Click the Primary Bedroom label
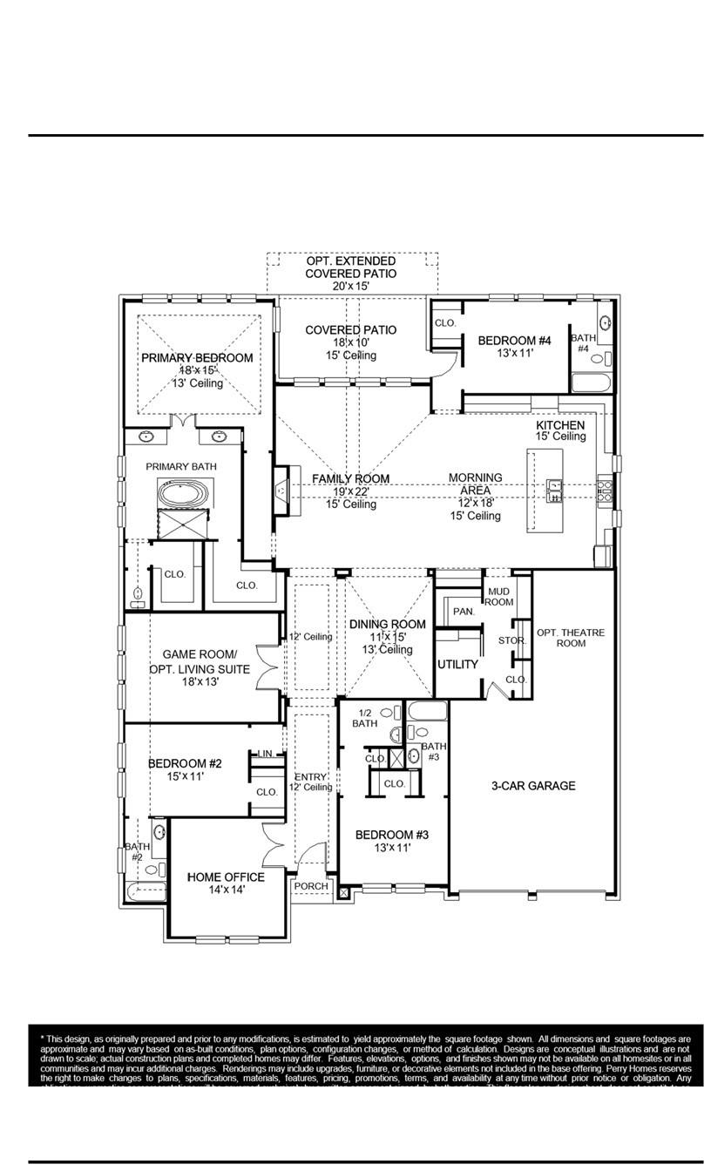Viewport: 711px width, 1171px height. pos(197,358)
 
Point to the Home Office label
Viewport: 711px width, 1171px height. pos(220,877)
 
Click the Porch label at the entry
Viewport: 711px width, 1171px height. pos(311,886)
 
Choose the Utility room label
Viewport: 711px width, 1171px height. pos(457,664)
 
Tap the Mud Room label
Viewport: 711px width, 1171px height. pos(499,597)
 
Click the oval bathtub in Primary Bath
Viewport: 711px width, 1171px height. pos(184,494)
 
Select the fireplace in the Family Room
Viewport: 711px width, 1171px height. pos(281,491)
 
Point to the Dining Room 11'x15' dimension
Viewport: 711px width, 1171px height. pos(387,637)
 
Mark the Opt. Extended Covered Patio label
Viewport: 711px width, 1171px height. pos(351,267)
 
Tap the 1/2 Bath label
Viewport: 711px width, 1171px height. pos(364,718)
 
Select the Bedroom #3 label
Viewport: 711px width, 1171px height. pos(391,834)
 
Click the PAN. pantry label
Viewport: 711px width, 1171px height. pos(464,612)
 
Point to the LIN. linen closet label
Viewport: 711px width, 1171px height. pos(266,755)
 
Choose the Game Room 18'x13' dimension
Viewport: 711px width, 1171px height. pos(200,682)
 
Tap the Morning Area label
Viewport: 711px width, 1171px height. pos(475,491)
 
